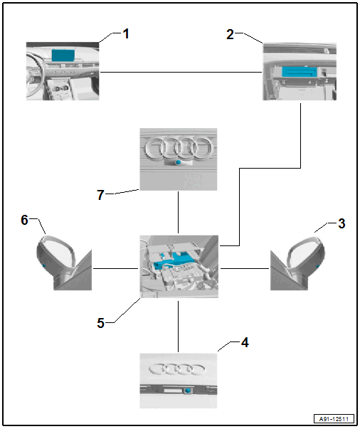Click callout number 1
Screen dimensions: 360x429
(x=125, y=34)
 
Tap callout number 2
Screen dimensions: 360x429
(x=230, y=34)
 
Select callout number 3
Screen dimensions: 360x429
(x=342, y=223)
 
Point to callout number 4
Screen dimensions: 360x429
(x=245, y=342)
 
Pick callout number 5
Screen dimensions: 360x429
(x=100, y=323)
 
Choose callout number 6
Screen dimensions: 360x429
(x=24, y=220)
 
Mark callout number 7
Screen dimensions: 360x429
(x=100, y=195)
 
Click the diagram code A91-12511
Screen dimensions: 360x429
(x=334, y=419)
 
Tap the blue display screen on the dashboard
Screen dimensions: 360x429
(x=63, y=55)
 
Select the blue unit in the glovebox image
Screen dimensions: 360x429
(x=300, y=72)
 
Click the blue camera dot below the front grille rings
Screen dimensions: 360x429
(x=178, y=162)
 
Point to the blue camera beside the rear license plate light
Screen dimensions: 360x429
(x=187, y=391)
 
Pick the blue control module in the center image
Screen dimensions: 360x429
(x=172, y=261)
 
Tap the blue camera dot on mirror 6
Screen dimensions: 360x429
(x=44, y=265)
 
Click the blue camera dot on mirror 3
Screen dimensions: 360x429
(x=318, y=265)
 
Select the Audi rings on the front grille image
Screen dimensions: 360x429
(x=179, y=148)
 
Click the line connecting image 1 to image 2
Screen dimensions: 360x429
(x=181, y=73)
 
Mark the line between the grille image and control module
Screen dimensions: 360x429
(x=178, y=212)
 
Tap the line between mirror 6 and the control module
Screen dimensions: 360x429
(x=116, y=268)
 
